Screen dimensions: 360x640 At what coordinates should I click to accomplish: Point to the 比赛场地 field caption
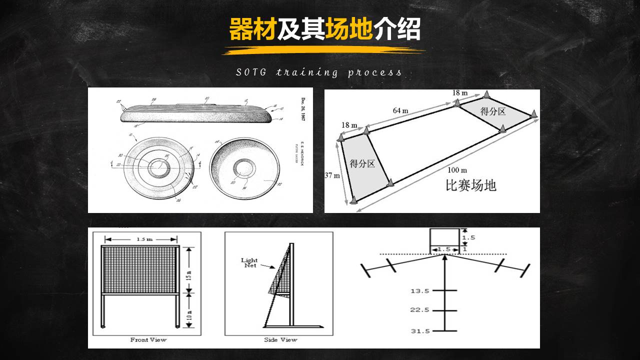pos(470,185)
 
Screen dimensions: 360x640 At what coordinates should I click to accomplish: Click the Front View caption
pos(148,340)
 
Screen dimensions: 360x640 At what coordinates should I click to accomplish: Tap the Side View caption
pos(280,340)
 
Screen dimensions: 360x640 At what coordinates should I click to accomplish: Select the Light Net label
pos(249,263)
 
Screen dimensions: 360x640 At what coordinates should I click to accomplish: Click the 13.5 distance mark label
pos(420,291)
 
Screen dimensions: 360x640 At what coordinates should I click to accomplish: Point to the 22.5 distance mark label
pos(420,310)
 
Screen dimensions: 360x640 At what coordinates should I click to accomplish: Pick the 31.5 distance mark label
pos(420,331)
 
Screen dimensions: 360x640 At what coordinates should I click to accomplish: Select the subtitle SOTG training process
pos(319,72)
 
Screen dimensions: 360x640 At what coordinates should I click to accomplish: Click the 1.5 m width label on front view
pos(144,239)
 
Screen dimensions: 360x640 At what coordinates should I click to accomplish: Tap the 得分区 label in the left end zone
pos(362,163)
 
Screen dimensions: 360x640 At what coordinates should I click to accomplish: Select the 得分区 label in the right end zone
pos(493,111)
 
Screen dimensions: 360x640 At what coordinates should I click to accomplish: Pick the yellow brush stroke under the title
pos(323,50)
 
